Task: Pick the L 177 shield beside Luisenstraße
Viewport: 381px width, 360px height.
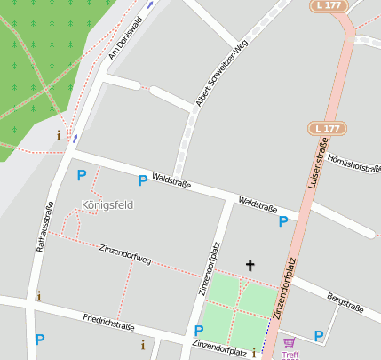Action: click(328, 129)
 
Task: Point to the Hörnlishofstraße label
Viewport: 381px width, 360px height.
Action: click(354, 164)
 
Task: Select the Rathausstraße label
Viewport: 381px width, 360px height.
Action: click(44, 228)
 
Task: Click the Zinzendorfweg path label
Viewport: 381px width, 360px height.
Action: click(125, 254)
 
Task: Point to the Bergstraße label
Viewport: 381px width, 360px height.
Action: click(345, 302)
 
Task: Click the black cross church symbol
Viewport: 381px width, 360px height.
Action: click(250, 265)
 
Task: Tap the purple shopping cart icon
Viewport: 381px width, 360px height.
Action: click(289, 342)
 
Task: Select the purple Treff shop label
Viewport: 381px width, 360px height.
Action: click(290, 355)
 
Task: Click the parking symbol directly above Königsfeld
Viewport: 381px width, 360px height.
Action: click(82, 175)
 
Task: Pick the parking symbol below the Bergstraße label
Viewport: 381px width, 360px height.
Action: click(319, 335)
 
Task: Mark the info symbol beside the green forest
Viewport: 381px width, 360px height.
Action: click(60, 135)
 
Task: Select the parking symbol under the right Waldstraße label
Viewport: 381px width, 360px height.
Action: click(283, 221)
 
